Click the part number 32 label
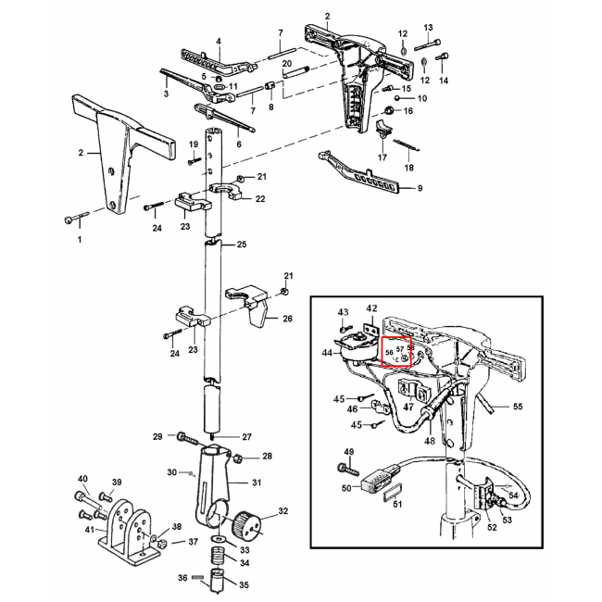[283, 512]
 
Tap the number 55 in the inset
[519, 407]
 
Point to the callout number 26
[287, 320]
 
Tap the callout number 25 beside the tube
[242, 245]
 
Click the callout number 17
[382, 158]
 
